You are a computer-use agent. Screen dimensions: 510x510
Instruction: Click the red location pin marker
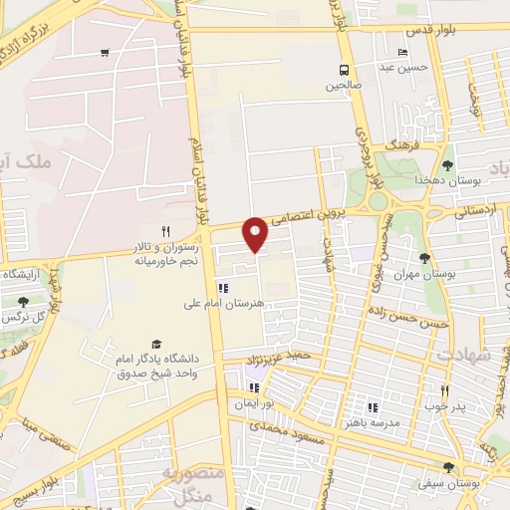pos(256,233)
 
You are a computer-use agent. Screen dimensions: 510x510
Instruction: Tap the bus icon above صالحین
pos(344,70)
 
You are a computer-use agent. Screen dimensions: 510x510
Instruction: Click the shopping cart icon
pos(105,53)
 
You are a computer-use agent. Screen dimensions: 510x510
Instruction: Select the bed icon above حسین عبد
pos(402,53)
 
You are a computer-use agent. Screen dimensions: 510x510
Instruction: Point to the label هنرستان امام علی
pos(222,304)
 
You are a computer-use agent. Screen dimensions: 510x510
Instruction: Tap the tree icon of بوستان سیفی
pos(448,466)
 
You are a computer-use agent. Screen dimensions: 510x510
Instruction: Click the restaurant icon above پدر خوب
pos(444,390)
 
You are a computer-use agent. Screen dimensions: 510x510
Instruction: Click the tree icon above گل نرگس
pos(23,301)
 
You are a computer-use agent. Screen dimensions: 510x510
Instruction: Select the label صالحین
pos(343,86)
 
